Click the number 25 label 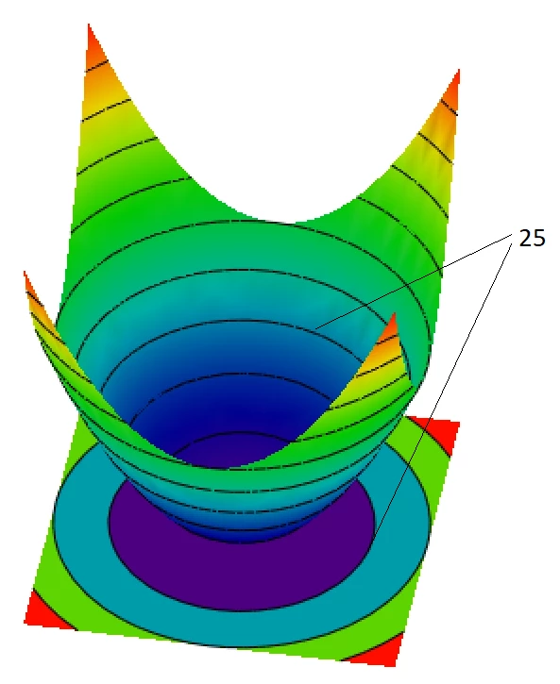point(532,238)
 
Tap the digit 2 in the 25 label point(525,238)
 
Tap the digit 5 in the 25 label point(539,238)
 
